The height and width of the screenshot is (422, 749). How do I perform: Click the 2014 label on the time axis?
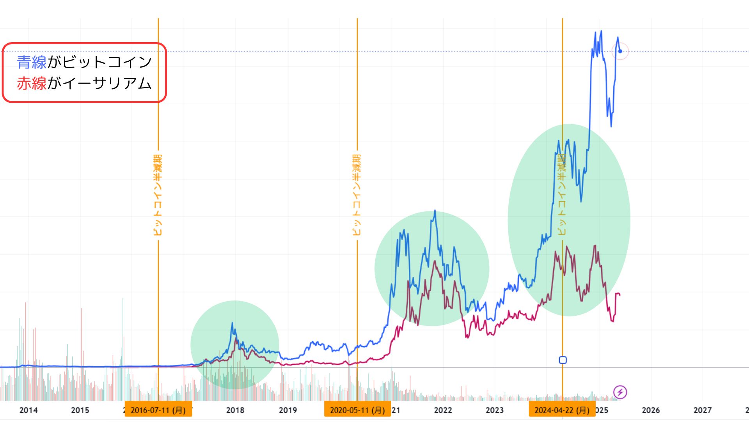coord(28,410)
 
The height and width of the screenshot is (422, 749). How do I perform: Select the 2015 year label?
coord(80,410)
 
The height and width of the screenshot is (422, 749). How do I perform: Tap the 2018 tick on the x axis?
coord(235,410)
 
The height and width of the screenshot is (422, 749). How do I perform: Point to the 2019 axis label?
coord(288,410)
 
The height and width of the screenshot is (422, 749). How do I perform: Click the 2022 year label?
coord(443,410)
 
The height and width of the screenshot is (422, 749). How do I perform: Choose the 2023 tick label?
coord(495,410)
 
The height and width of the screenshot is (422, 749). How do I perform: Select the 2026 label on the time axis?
coord(651,410)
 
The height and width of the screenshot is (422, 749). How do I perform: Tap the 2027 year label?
coord(702,410)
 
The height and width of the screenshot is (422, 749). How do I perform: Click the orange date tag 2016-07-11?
coord(158,410)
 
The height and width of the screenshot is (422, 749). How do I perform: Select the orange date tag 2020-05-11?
coord(357,410)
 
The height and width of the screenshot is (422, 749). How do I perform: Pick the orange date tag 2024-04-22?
coord(562,410)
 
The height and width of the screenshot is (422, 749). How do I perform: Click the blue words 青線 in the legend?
coord(32,62)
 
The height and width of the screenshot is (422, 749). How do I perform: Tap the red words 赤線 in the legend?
coord(32,84)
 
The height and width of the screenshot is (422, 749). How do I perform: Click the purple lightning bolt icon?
coord(620,392)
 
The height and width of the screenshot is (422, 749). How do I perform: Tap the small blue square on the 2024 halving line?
coord(563,360)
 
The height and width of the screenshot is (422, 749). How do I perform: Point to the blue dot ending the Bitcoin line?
coord(620,51)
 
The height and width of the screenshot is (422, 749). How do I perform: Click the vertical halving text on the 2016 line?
coord(158,195)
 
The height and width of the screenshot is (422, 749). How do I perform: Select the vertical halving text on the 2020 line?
coord(357,195)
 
